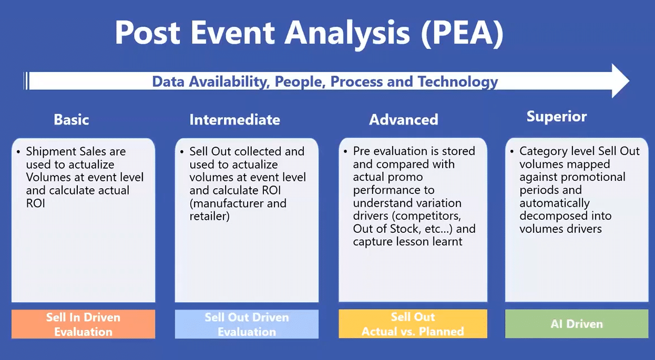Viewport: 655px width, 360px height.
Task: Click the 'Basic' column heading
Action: click(71, 119)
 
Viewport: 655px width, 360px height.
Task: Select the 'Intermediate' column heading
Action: click(234, 120)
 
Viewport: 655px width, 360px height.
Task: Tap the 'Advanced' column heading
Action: click(404, 120)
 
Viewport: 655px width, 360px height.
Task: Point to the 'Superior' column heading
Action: click(557, 117)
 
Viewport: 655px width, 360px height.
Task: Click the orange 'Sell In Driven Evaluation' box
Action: click(83, 324)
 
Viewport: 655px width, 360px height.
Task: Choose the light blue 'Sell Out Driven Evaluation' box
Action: click(247, 324)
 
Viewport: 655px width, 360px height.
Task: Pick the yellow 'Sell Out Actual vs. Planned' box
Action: click(413, 324)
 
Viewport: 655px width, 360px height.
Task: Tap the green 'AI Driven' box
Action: click(576, 324)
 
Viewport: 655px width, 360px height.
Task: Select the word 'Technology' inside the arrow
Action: click(458, 82)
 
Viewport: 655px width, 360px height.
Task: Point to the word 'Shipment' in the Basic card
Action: click(49, 152)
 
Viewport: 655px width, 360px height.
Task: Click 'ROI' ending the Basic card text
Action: click(36, 203)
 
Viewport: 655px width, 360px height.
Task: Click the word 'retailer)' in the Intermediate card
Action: click(209, 216)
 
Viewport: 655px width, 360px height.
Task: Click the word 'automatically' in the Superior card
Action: click(555, 203)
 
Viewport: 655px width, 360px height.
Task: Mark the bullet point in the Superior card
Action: click(512, 151)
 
